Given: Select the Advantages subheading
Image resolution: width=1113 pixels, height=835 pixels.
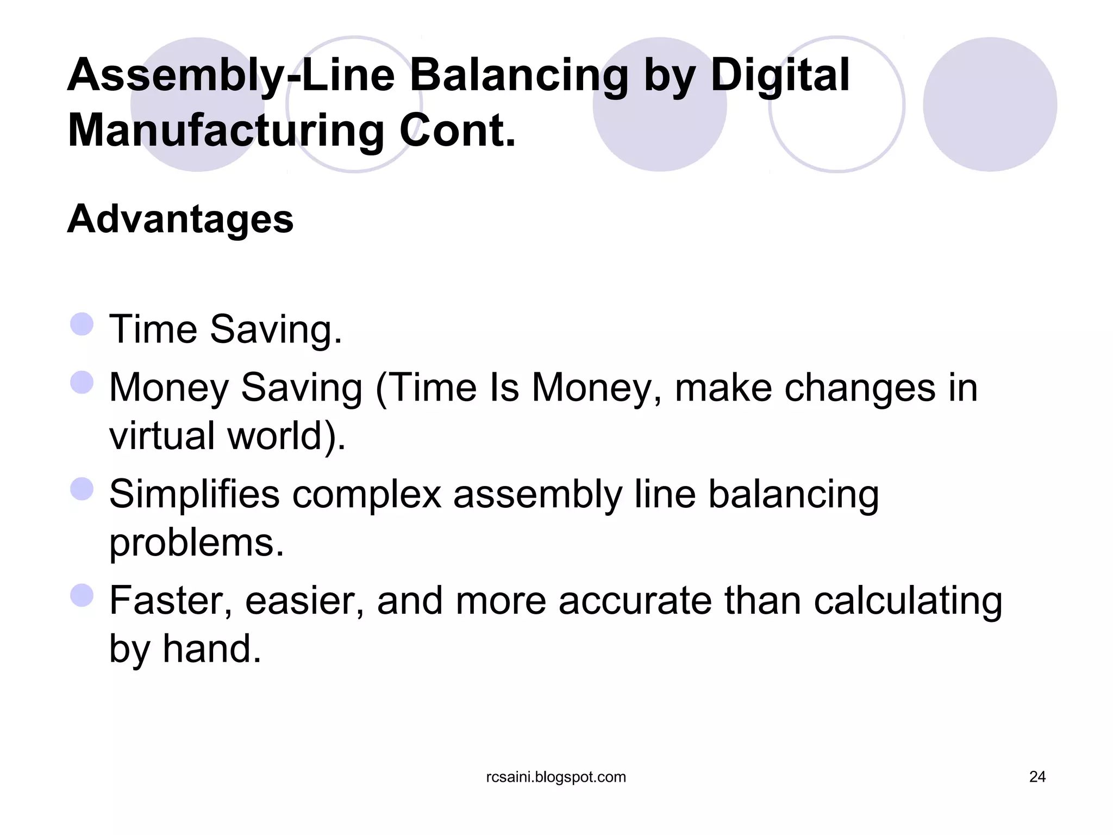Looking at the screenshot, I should pos(180,219).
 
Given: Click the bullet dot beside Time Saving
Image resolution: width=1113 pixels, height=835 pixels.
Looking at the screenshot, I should pos(82,325).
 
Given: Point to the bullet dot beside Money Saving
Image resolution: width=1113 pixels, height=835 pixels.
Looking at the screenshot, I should pos(82,382).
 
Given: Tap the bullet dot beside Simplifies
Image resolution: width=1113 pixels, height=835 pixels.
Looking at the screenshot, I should pos(82,489).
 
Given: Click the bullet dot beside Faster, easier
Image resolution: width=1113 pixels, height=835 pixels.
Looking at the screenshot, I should pos(82,595).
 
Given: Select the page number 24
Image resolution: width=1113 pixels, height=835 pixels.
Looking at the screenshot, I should pos(1037,777).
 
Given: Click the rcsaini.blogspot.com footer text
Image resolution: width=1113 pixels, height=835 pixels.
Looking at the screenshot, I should pos(556,777).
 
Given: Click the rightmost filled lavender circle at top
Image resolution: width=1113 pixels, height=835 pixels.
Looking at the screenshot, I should pos(990,104).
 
